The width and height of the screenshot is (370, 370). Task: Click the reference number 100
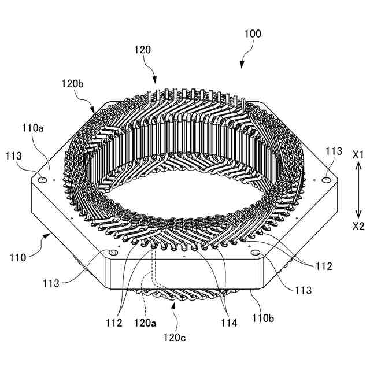(253, 34)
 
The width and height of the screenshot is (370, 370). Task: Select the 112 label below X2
(324, 267)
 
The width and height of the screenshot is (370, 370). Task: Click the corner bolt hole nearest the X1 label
(326, 180)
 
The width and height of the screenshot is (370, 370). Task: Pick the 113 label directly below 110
(51, 283)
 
